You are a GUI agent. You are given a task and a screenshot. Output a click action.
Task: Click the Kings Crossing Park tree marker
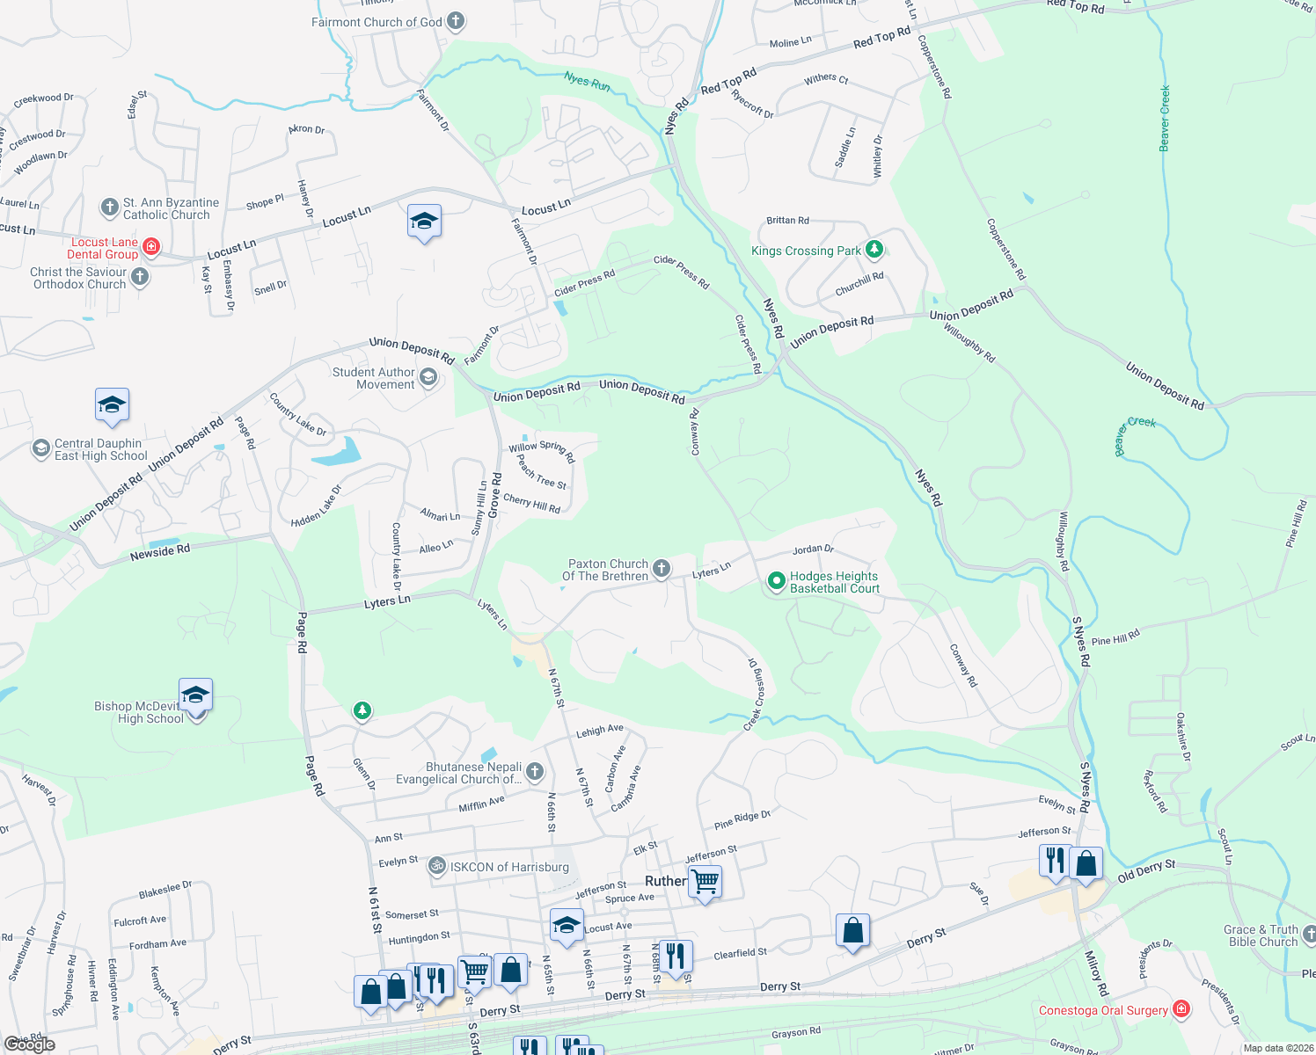coord(874,250)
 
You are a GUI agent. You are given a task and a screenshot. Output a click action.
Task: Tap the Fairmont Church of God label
coord(377,22)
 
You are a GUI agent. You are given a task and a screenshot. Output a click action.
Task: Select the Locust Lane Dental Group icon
coord(151,246)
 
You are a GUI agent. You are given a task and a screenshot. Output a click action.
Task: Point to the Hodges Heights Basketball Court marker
coord(776,581)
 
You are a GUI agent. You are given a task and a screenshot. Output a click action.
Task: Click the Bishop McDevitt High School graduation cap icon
coord(195,695)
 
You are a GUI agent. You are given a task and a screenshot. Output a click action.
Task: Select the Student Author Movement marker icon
coord(428,378)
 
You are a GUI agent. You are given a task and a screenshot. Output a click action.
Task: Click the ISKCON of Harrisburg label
coord(509,867)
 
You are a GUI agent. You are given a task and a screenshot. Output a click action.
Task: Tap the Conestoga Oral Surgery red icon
coord(1181,1009)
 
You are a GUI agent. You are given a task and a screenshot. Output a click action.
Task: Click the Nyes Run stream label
coord(587,82)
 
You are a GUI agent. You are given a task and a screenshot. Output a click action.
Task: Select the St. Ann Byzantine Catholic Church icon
coord(109,207)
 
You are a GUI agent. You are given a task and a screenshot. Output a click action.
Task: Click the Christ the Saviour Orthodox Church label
coord(79,278)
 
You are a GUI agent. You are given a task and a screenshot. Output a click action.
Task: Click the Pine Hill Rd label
coord(1115,637)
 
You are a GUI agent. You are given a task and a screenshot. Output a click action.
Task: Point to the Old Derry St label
coord(1145,871)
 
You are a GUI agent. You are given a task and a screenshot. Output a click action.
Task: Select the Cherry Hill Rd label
coord(531,504)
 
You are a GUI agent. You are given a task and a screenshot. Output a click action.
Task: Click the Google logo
coord(29,1044)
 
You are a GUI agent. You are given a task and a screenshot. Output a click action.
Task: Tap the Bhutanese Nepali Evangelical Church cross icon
coord(534,772)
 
